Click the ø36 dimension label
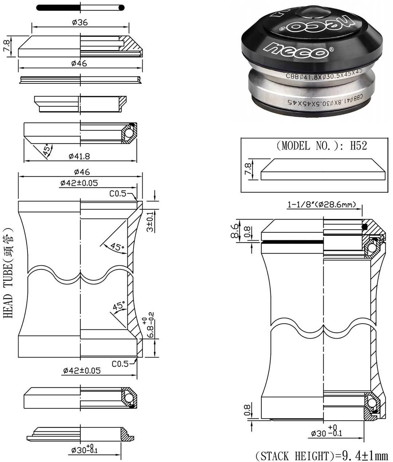coord(80,22)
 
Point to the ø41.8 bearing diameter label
coord(79,156)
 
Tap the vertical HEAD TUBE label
coord(9,273)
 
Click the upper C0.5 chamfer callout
coord(118,194)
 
